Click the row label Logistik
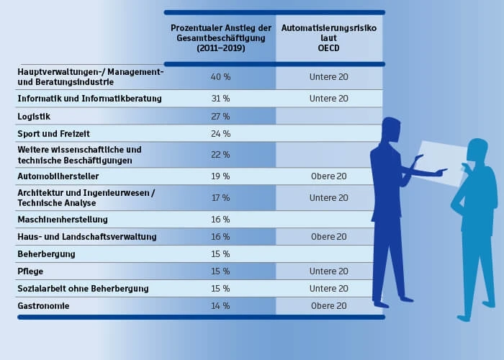(34, 116)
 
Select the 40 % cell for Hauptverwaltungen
(220, 77)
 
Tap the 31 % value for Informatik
(220, 99)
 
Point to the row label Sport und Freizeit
(53, 134)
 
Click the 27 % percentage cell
(220, 116)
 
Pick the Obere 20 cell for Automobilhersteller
(328, 176)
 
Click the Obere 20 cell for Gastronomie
(328, 306)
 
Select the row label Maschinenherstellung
(63, 219)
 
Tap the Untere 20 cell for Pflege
(328, 271)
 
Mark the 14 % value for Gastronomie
(220, 306)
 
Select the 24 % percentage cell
(220, 134)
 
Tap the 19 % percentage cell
(220, 176)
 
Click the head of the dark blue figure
(392, 131)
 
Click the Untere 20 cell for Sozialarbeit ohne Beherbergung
(328, 289)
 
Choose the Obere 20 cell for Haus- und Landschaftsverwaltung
(328, 237)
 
